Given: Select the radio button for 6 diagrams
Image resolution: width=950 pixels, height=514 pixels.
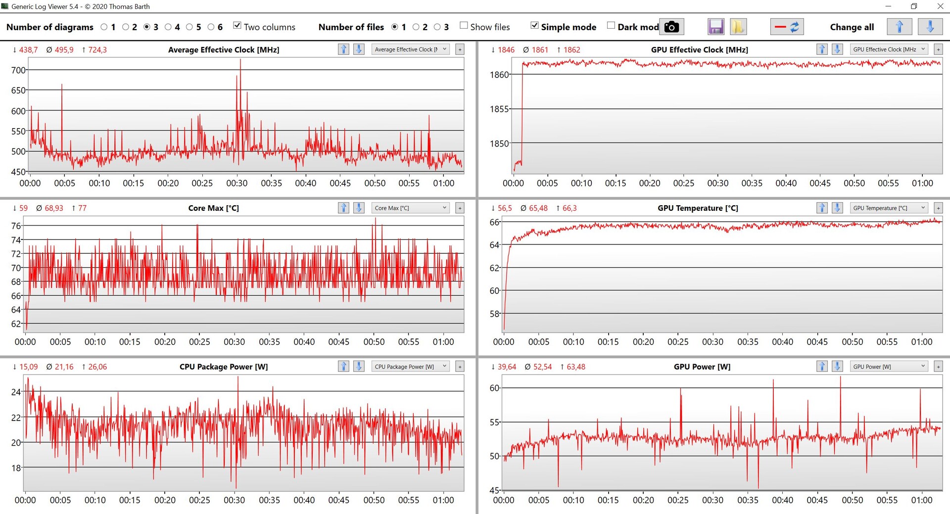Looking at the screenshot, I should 211,27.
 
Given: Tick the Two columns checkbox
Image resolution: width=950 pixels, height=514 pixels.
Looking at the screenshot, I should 237,26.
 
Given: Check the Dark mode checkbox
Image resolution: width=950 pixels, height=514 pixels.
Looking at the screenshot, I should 611,26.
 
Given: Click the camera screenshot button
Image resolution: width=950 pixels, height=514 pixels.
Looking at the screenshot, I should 671,27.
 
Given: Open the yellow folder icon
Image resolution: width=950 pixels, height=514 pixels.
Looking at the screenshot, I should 738,27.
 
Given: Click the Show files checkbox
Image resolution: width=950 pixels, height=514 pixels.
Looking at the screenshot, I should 464,26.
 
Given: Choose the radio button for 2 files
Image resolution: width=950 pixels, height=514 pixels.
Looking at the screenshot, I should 416,27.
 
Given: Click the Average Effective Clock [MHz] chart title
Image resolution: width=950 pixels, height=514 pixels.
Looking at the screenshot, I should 224,49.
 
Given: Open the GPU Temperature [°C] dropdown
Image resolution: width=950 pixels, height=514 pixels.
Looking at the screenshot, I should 888,208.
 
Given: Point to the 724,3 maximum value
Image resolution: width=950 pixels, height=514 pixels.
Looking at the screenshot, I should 97,50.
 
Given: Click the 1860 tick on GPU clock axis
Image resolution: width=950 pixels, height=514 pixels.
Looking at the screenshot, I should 499,75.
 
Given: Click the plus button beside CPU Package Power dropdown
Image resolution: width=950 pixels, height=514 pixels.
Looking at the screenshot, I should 460,367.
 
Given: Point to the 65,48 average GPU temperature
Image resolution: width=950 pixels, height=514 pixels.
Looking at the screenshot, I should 538,208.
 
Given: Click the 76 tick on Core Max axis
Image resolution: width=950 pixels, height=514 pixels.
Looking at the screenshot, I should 16,226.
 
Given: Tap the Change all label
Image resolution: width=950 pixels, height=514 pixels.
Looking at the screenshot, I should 852,27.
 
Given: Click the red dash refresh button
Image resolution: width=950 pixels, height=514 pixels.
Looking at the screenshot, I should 787,27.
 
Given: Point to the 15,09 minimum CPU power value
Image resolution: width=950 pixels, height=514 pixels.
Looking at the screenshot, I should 28,367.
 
